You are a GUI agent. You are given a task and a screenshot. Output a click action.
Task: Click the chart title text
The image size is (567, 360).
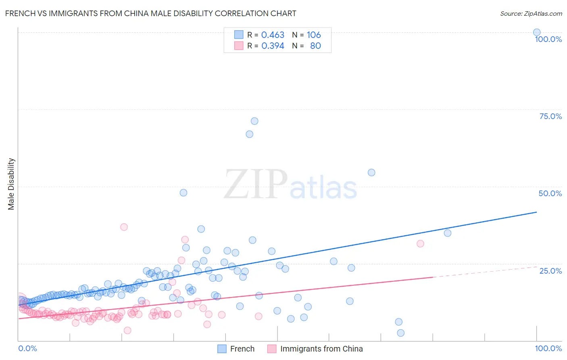(150, 13)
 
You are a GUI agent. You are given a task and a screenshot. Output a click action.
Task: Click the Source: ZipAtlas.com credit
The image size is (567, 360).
(531, 13)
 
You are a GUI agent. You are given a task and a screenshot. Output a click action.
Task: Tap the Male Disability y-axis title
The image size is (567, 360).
(11, 184)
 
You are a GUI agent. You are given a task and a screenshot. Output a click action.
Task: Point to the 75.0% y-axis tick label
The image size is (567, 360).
(550, 116)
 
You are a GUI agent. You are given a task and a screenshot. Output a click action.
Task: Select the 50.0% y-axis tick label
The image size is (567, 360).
(550, 193)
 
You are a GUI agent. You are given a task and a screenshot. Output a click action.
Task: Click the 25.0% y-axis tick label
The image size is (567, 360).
(550, 271)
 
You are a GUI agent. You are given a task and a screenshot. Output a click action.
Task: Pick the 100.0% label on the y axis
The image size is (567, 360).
(548, 39)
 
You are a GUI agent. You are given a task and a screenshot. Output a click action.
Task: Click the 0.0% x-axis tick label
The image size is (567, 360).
(27, 348)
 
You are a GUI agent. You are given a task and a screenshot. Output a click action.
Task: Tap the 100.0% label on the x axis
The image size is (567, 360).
(548, 348)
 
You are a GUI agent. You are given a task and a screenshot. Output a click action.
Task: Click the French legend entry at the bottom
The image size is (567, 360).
(242, 349)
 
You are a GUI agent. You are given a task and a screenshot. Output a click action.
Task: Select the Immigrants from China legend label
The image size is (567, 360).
(321, 349)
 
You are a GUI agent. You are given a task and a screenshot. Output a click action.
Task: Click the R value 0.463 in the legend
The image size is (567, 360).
(273, 35)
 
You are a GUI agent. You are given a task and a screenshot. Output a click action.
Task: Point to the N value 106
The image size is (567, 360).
(314, 35)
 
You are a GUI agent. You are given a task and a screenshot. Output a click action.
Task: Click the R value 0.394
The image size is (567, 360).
(273, 46)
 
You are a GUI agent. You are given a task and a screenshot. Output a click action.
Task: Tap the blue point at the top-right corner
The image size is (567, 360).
(537, 32)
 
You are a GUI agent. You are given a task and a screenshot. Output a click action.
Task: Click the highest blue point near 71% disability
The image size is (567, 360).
(254, 121)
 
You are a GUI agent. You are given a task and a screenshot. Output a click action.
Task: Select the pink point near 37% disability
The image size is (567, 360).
(124, 227)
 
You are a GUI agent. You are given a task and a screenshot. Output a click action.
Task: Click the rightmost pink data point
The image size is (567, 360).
(420, 243)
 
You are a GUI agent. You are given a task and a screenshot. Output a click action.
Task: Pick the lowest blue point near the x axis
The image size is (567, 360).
(400, 333)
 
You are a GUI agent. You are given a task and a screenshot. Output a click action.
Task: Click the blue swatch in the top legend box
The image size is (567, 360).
(239, 35)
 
